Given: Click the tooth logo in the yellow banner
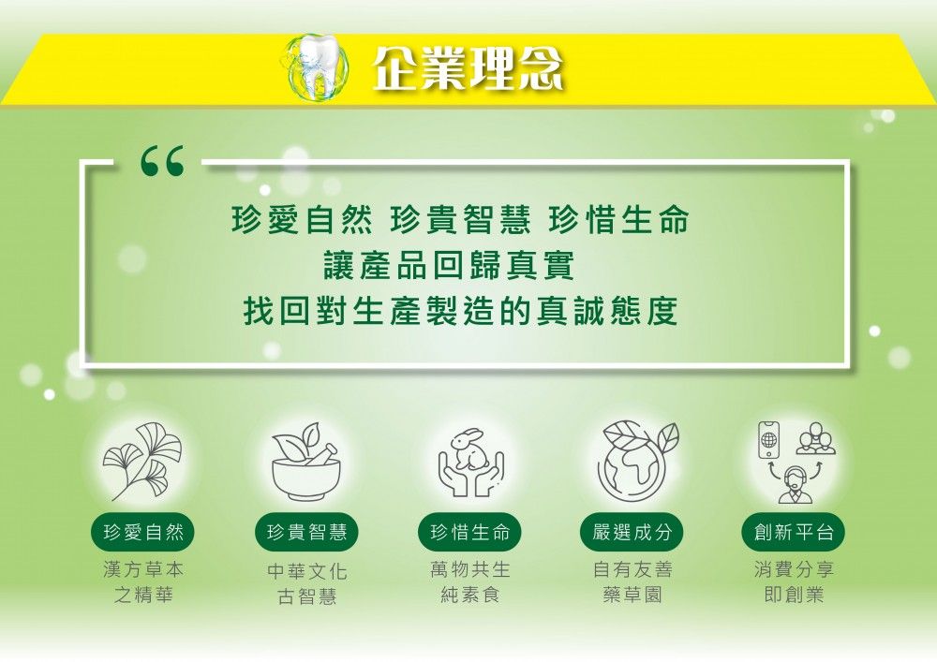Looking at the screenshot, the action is point(316,66).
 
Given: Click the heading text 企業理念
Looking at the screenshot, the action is point(468,67).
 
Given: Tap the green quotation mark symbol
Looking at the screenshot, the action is point(162,161).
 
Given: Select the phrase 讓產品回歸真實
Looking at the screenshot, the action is point(450,266).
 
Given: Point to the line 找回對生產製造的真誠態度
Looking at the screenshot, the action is point(461,311).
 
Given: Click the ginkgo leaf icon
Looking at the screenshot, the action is point(142,461).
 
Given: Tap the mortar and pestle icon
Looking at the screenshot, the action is point(306,462).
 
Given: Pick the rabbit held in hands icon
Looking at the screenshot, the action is point(471,462).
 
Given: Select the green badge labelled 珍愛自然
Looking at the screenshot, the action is point(143,532).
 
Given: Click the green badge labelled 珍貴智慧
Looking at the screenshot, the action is point(306,532).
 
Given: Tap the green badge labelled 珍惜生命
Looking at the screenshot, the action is point(470,532).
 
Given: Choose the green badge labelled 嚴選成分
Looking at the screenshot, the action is point(632,532).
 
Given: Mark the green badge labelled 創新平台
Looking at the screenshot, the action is point(795,532).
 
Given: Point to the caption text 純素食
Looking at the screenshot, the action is point(470,596).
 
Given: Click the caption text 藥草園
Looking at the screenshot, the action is point(632,596).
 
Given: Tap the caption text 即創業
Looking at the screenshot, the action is point(795,596).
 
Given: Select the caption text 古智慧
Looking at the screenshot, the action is point(307,596).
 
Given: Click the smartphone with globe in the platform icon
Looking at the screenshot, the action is point(769,440).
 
